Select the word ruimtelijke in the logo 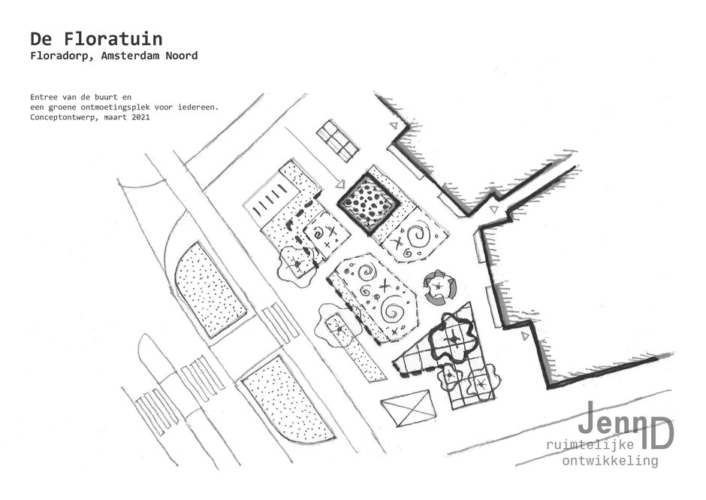[593, 445]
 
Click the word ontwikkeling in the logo [610, 461]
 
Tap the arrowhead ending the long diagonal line [339, 183]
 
